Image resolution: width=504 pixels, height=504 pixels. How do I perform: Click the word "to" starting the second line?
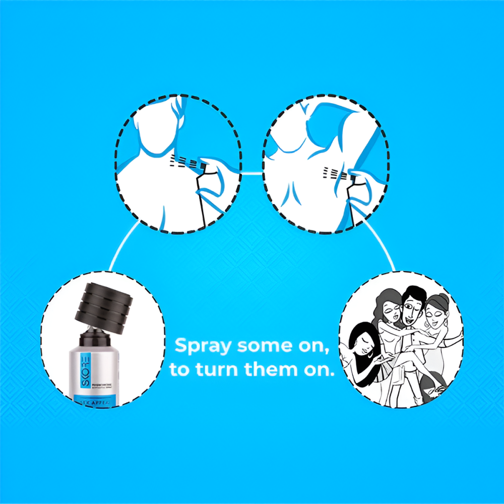179,370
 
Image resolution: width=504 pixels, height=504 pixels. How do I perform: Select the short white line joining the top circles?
252,173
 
